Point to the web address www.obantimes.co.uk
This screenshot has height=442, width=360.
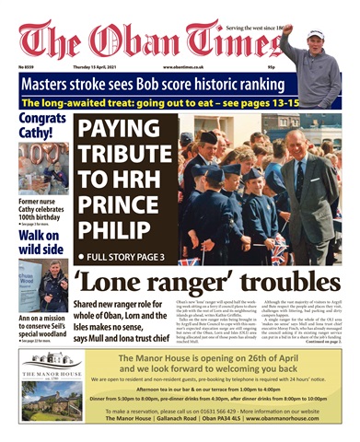(x=186, y=66)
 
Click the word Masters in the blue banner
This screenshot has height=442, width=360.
(x=51, y=82)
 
